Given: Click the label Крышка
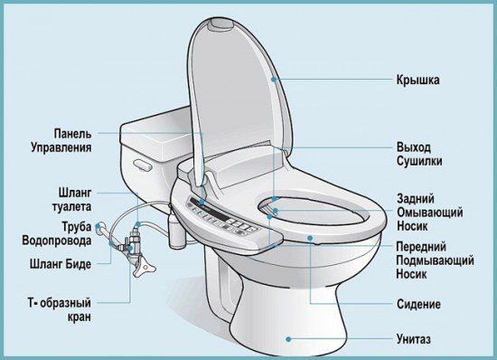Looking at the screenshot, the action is point(418,81).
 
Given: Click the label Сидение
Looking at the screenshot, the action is point(418,304).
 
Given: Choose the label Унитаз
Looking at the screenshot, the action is point(418,337).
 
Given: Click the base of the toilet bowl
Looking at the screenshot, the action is point(271,326).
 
